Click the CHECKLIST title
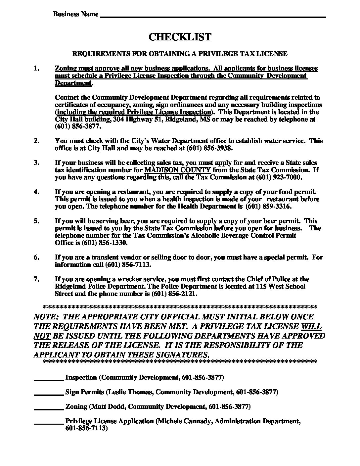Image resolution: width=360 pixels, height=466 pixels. [180, 37]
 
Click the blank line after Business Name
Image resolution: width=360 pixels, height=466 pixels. [213, 15]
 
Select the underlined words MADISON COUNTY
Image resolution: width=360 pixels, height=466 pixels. [178, 170]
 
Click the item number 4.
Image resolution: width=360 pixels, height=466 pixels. [36, 192]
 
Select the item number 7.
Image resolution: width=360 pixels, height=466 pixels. [36, 279]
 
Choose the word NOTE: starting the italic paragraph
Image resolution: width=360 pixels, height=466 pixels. [45, 317]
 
